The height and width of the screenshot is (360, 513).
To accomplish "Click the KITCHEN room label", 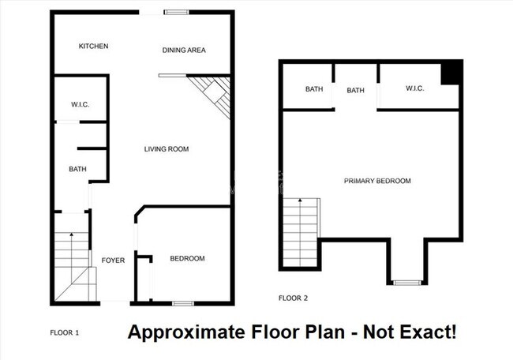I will coord(93,47).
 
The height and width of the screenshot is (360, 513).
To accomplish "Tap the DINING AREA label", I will coord(184,51).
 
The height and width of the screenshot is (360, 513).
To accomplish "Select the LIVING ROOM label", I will coord(166,149).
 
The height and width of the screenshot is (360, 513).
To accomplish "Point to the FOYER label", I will coord(113,260).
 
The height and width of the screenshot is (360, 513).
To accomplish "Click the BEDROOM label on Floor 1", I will coord(187,259).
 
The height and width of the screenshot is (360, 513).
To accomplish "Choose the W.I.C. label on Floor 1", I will coord(79,103).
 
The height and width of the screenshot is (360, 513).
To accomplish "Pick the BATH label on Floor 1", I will coord(77,169).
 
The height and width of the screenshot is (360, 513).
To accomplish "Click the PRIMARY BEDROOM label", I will coord(377,181).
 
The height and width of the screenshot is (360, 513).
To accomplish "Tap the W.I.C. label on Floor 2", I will coord(415,88).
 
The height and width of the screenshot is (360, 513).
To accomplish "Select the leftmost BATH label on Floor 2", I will coord(314,89).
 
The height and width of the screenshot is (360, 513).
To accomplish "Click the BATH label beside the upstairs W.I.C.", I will coord(356,90).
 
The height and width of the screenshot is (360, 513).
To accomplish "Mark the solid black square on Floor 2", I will coord(450,73).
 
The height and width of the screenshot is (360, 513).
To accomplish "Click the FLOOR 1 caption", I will coord(64,333).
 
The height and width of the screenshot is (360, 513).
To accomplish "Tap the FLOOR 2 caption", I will coord(293,298).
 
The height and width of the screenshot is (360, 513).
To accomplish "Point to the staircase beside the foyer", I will coord(73,264).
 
